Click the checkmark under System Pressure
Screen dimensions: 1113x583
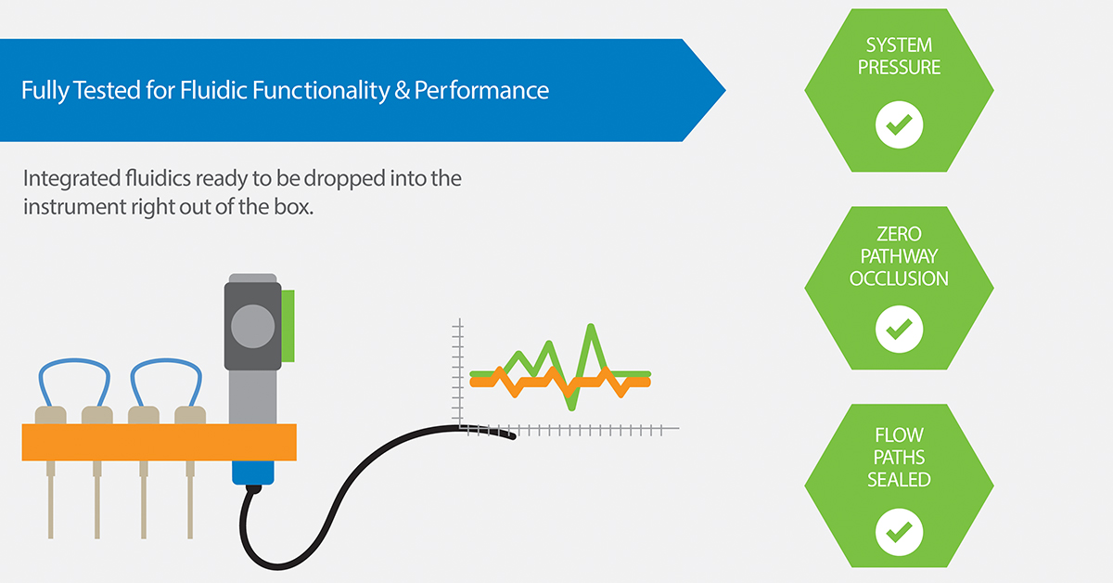tap(899, 124)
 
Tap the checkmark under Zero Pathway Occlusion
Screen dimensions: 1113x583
tap(899, 330)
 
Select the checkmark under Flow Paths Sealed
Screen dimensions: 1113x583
tap(899, 532)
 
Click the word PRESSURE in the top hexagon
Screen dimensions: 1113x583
tap(899, 67)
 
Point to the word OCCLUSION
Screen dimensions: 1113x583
tap(899, 279)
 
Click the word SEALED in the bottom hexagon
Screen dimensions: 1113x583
tap(899, 480)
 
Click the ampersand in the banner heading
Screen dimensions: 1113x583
tap(402, 91)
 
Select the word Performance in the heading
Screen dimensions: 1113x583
tap(481, 91)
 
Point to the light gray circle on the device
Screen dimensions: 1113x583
tap(253, 327)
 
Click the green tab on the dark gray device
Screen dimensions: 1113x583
tap(288, 326)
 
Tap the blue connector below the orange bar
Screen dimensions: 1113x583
tap(253, 473)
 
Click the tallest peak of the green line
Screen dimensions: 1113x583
tap(591, 327)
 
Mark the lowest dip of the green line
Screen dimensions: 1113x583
tap(571, 408)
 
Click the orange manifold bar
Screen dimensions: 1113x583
tap(159, 442)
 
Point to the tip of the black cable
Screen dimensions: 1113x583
tap(513, 436)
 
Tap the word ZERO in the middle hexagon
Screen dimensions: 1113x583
tap(899, 234)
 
